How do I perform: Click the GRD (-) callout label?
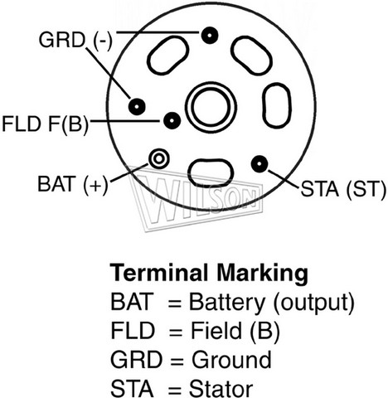click(x=75, y=41)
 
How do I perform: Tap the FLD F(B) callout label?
click(x=46, y=124)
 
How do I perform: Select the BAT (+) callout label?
click(x=73, y=184)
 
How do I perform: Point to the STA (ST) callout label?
click(x=343, y=189)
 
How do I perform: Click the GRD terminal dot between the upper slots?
click(x=210, y=36)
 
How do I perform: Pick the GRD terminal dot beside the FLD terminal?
click(x=137, y=106)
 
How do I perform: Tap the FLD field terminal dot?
click(x=172, y=121)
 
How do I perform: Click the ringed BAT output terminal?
click(x=159, y=158)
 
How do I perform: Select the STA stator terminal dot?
click(x=259, y=163)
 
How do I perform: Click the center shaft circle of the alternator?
click(x=211, y=107)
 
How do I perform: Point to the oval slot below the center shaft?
click(x=211, y=172)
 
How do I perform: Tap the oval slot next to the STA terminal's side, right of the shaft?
click(x=276, y=105)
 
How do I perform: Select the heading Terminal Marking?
click(x=209, y=273)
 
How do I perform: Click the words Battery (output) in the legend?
click(x=272, y=303)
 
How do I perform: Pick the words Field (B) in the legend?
click(x=235, y=332)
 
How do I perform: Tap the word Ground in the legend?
click(x=232, y=360)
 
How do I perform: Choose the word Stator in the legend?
click(x=221, y=389)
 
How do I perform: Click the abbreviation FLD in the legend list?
click(x=133, y=331)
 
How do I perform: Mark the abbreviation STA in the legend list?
click(x=132, y=389)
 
